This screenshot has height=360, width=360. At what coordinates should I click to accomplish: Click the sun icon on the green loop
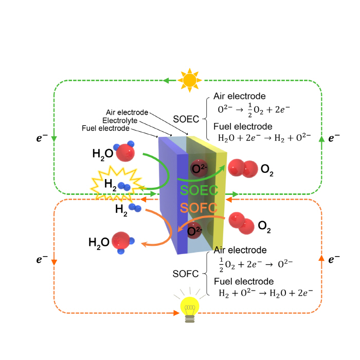point(190,80)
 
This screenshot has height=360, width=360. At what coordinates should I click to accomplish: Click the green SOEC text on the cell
point(199,190)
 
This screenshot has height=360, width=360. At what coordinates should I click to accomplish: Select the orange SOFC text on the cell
point(199,208)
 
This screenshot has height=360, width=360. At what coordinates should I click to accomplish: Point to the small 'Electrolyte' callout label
point(120,120)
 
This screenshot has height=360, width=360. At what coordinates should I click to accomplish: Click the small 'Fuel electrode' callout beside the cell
point(105,128)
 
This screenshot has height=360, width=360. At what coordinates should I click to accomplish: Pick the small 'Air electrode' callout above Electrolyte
point(127,112)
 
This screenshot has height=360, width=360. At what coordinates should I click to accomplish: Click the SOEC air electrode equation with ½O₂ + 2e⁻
point(254,110)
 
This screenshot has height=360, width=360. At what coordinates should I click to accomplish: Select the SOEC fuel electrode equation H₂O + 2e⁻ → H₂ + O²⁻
point(264,138)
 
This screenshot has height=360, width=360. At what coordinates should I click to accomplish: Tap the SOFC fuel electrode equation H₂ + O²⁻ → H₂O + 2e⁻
point(266,293)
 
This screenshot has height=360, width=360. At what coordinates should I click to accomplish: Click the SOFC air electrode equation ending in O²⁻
point(256,264)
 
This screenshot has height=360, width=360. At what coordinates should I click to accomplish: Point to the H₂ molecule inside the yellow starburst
point(124,187)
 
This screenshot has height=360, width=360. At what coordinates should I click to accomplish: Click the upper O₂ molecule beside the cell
point(243,168)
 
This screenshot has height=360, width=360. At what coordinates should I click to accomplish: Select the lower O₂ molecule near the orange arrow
point(242,223)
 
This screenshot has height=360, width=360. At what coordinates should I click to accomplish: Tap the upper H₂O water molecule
point(125,151)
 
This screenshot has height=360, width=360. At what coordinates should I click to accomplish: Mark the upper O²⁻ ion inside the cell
point(199,168)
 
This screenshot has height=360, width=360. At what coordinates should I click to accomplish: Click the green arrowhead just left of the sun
point(167,81)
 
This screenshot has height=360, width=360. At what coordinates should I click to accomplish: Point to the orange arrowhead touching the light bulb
point(176,313)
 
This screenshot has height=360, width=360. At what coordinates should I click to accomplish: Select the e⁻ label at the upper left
point(42,138)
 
